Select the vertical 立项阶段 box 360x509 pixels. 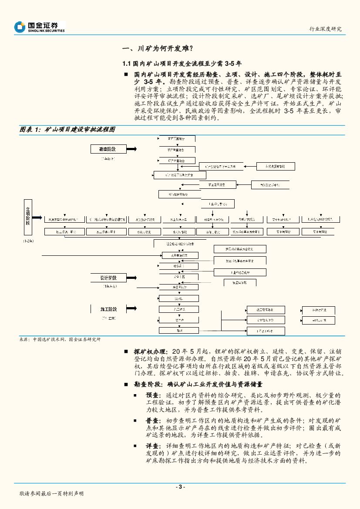click(27, 216)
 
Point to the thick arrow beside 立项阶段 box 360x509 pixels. click(38, 217)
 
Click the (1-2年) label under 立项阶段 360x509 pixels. click(28, 240)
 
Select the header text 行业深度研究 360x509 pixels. click(325, 29)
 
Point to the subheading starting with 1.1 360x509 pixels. click(185, 64)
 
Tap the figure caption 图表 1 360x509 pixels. click(67, 130)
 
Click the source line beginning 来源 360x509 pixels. click(60, 340)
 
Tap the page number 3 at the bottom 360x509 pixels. click(180, 487)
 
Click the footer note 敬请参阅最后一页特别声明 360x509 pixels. click(51, 494)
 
